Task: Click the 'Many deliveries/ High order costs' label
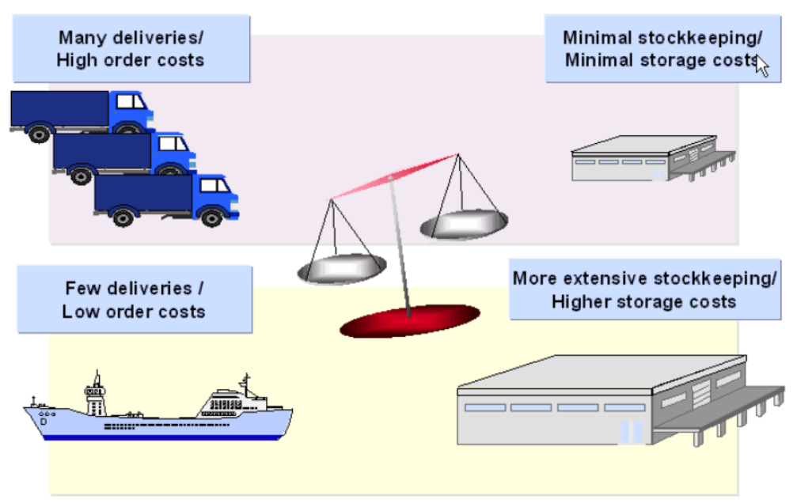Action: [131, 48]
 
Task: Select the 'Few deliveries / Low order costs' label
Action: [134, 299]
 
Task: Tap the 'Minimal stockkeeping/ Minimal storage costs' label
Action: [662, 48]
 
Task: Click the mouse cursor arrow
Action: [761, 65]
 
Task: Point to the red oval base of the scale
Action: [409, 320]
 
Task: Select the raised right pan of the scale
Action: [464, 225]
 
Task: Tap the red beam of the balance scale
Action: [394, 176]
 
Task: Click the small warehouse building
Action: [649, 158]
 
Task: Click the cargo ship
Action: [158, 411]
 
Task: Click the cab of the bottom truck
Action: [214, 194]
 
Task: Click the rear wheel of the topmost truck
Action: [40, 133]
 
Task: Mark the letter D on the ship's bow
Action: [44, 422]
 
